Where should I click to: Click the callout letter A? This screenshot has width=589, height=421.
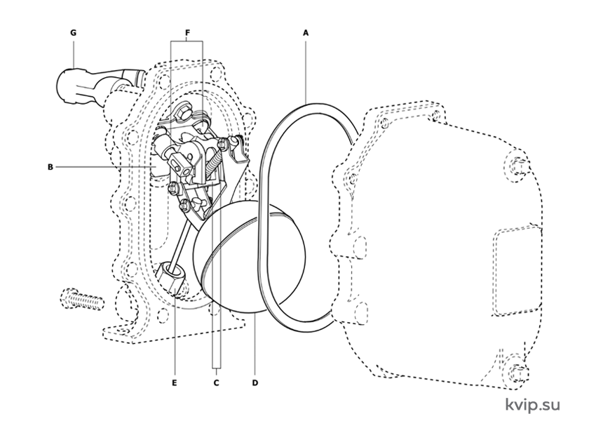click(306, 33)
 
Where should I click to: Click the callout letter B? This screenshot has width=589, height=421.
click(50, 167)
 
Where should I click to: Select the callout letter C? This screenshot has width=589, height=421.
click(217, 383)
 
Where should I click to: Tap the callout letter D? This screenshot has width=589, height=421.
click(255, 383)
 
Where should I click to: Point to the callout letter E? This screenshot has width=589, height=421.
click(175, 383)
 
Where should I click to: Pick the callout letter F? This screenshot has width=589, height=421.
click(187, 33)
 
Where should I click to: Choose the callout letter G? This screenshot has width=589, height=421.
click(73, 33)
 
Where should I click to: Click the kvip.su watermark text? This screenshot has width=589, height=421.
click(532, 404)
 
